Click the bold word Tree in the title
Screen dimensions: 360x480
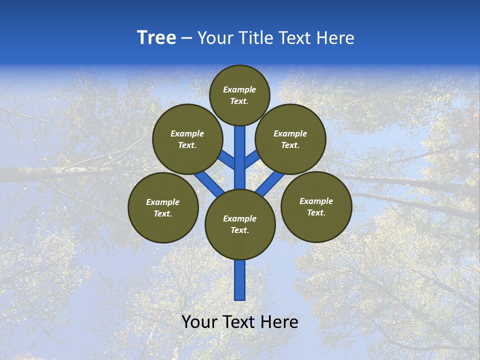coord(156,38)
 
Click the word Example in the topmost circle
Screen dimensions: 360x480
coord(239,89)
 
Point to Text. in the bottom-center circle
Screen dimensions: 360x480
coord(239,230)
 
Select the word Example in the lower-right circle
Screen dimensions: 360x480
coord(316,201)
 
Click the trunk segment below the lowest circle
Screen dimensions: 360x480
coord(240,280)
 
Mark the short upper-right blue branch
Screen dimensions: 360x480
coord(252,159)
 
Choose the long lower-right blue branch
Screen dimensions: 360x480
coord(270,183)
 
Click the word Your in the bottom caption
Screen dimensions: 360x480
coord(199,322)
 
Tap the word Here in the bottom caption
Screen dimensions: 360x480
coord(280,322)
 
